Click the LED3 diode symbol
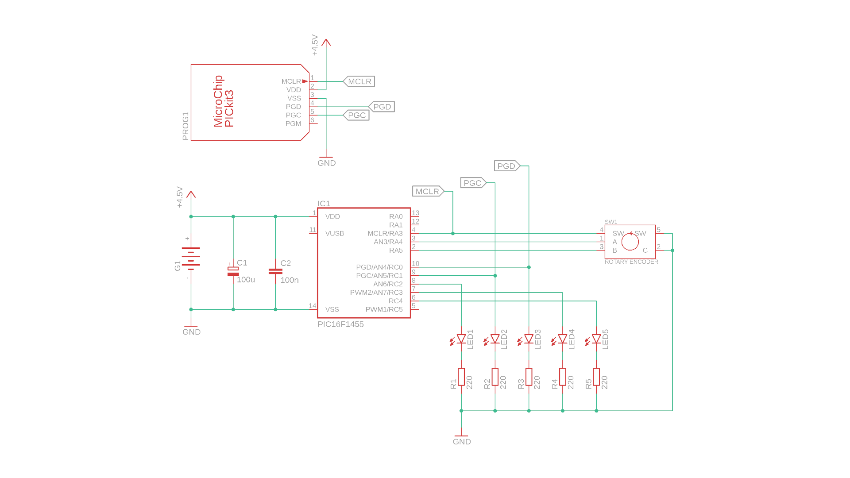[529, 339]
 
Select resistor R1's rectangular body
[461, 377]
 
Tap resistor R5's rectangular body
[596, 377]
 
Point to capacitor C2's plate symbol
[275, 271]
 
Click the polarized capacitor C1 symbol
[233, 271]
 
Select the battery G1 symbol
[191, 258]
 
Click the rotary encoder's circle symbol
[630, 242]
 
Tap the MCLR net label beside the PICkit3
[359, 81]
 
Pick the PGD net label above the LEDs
[506, 166]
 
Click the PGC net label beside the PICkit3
[356, 115]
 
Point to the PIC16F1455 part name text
[340, 324]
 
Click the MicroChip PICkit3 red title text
[224, 102]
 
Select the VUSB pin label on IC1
[334, 234]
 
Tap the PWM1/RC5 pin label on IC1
[384, 309]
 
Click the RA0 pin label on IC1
[396, 216]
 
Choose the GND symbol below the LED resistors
[461, 438]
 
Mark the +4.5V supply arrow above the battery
[191, 195]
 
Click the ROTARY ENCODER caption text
[631, 262]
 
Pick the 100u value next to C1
[246, 280]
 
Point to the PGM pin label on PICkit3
[293, 123]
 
